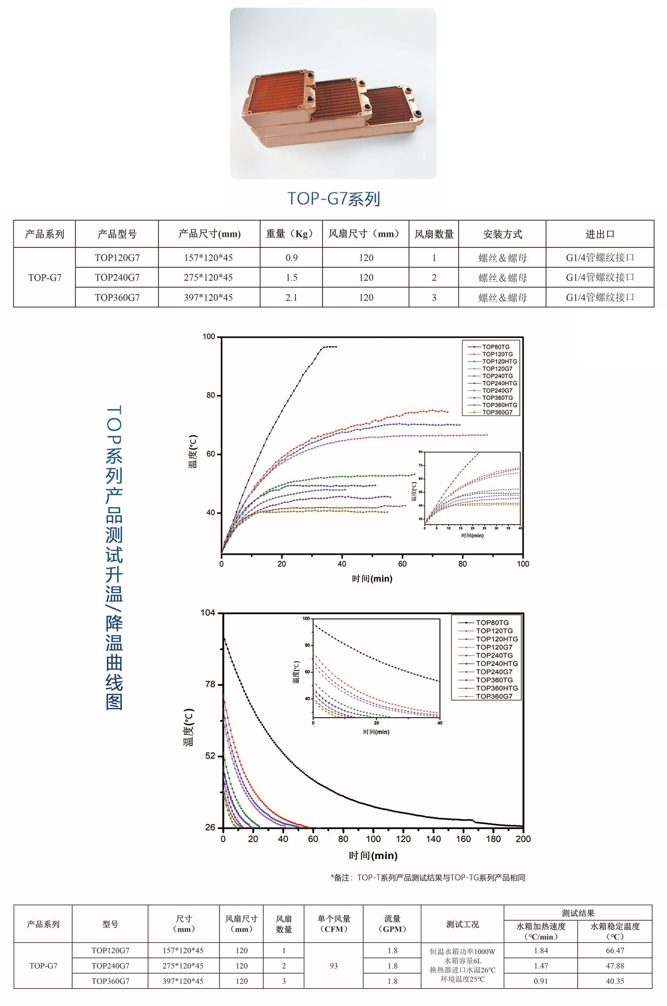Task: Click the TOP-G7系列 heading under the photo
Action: click(333, 199)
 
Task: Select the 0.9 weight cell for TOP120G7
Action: click(292, 258)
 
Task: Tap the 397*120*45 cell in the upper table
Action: click(208, 297)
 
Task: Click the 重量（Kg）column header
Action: click(291, 234)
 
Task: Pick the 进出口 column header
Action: click(600, 234)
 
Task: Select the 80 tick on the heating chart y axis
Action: click(211, 396)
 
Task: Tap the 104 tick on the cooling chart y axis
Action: click(208, 613)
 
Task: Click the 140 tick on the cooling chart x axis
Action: click(434, 839)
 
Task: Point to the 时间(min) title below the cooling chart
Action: click(373, 855)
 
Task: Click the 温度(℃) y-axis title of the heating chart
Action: click(193, 452)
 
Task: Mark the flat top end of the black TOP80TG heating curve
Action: click(330, 347)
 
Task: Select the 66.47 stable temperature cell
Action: click(615, 950)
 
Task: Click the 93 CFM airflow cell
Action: click(333, 965)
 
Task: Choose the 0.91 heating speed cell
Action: click(541, 981)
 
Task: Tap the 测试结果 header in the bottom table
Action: click(578, 913)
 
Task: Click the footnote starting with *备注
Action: click(428, 878)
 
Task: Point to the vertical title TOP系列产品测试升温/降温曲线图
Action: click(114, 558)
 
